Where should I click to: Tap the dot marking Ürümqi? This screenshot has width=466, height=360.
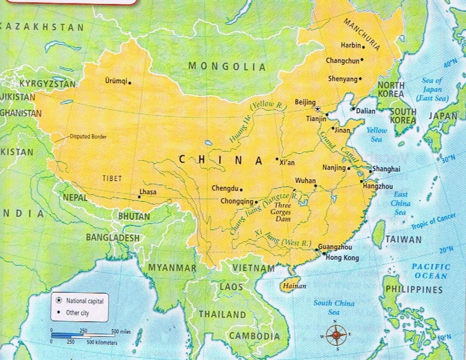point(130,83)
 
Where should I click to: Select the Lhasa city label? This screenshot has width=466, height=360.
point(148,192)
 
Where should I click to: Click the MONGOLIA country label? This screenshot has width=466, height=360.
point(227,66)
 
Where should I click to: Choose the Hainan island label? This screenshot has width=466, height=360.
point(294,286)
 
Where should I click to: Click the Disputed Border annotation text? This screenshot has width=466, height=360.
point(88,137)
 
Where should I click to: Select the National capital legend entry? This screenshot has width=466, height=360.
point(85,301)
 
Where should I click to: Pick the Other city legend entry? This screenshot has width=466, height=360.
point(78,313)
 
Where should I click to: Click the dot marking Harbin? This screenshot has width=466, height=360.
point(363,47)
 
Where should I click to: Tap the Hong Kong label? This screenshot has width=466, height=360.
point(342,257)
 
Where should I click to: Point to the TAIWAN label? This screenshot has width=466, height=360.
point(403,240)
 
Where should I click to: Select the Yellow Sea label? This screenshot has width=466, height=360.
point(377,134)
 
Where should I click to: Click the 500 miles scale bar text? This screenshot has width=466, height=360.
point(121,332)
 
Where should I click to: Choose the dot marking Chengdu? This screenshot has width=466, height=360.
point(241,190)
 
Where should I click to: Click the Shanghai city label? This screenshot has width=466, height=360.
point(386,169)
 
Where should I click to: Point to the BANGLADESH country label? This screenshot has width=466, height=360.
point(112,237)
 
